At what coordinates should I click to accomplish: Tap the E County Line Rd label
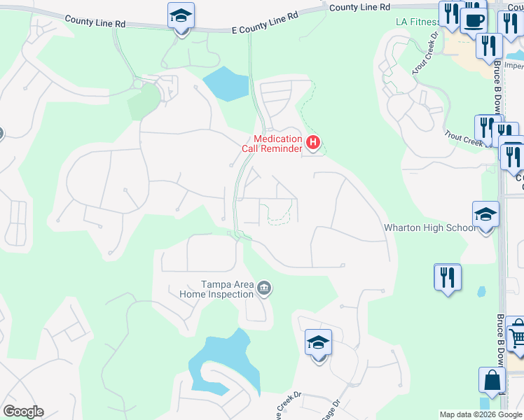(x=265, y=21)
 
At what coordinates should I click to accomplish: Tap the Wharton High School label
(x=429, y=227)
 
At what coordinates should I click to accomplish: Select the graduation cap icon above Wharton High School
(x=485, y=216)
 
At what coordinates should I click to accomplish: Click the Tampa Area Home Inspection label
(x=227, y=289)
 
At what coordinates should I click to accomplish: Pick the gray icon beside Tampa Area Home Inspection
(x=265, y=287)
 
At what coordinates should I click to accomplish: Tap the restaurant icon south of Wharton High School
(x=447, y=277)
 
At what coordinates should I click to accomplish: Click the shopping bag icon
(x=492, y=381)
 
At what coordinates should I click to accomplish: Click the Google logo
(x=23, y=412)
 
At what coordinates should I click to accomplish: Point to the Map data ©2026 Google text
(x=481, y=414)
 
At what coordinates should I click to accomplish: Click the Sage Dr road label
(x=329, y=410)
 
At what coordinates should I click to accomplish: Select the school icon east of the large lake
(x=318, y=344)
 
